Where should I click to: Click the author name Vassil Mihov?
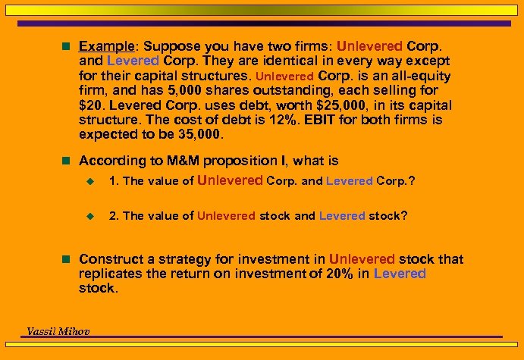point(58,330)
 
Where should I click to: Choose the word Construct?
point(108,259)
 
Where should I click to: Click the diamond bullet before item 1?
point(89,181)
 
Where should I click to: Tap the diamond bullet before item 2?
point(89,216)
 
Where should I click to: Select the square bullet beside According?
point(67,161)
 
